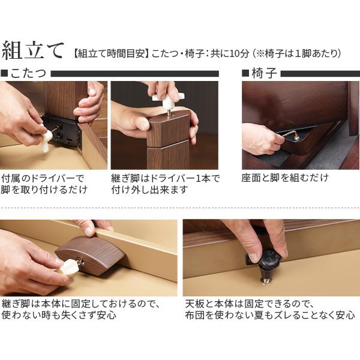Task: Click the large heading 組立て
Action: pyautogui.click(x=32, y=51)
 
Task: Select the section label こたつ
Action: pyautogui.click(x=29, y=74)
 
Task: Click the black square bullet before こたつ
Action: pyautogui.click(x=5, y=74)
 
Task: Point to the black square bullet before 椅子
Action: pyautogui.click(x=245, y=74)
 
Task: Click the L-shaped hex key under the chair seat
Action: pyautogui.click(x=292, y=135)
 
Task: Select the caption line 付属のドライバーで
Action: pyautogui.click(x=43, y=178)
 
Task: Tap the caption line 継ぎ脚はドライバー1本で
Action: pyautogui.click(x=166, y=178)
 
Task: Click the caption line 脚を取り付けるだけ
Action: pyautogui.click(x=45, y=190)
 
